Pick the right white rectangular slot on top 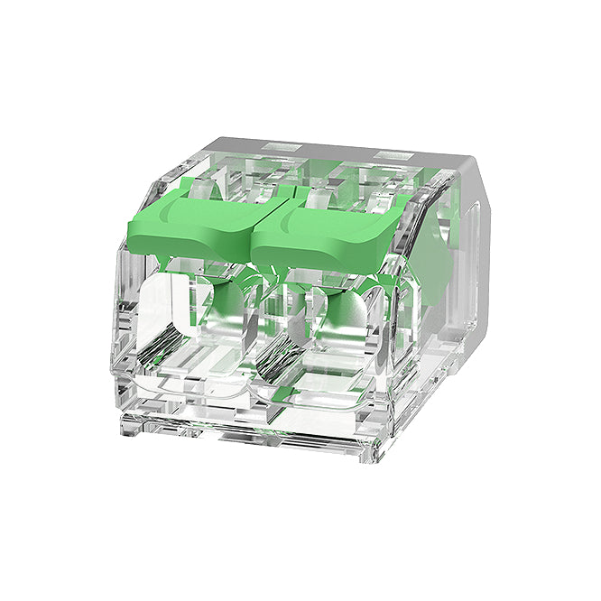coord(390,156)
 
